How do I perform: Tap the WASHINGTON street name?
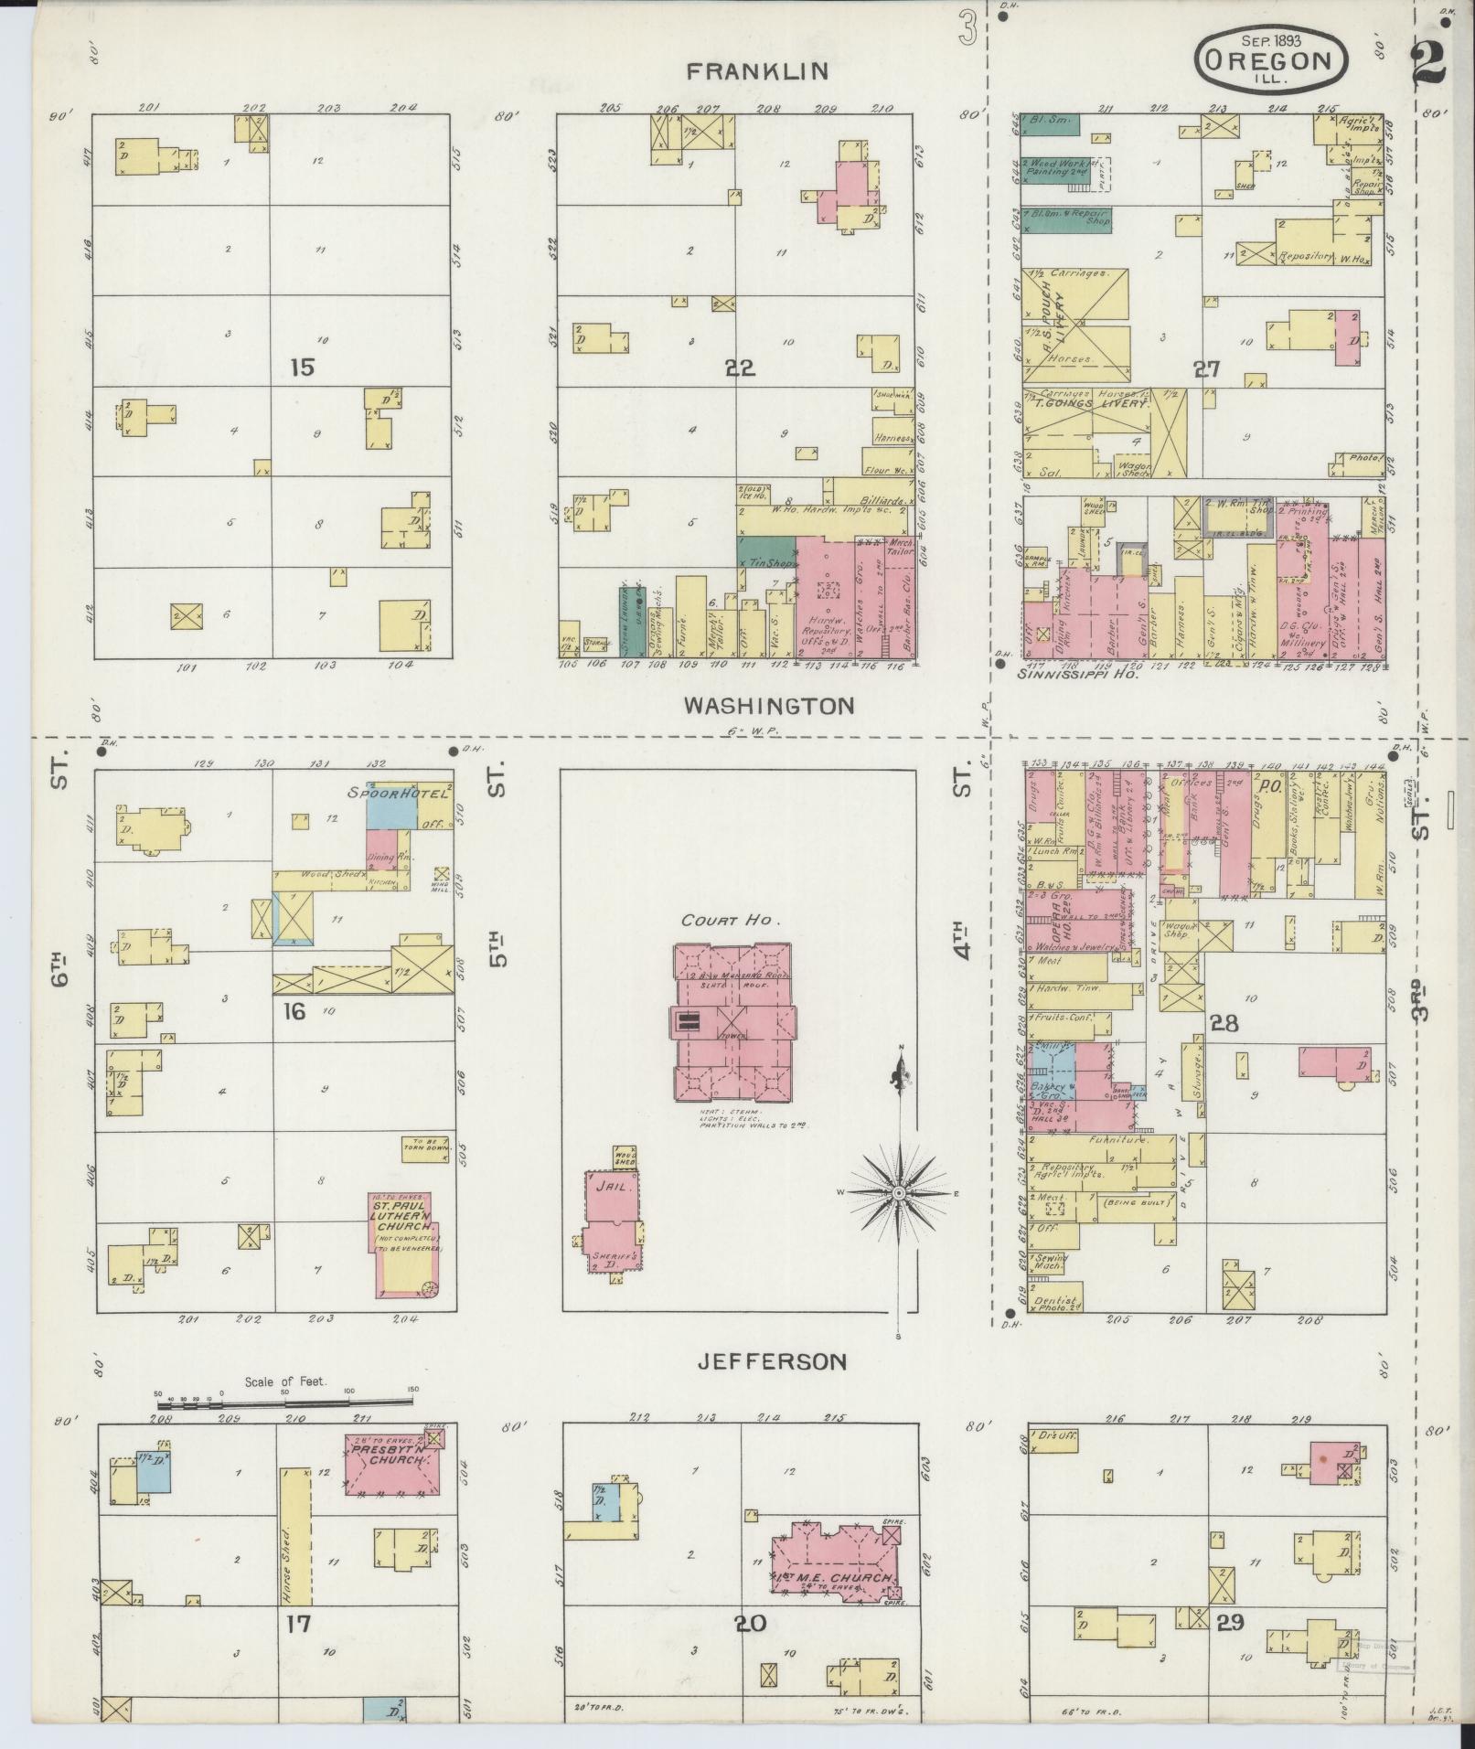coord(769,706)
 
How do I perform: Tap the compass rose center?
coord(899,1193)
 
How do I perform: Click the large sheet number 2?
coord(1430,62)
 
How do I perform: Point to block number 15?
coord(302,368)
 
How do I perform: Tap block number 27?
coord(1207,369)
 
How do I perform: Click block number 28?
coord(1224,1023)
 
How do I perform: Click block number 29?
coord(1230,1623)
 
